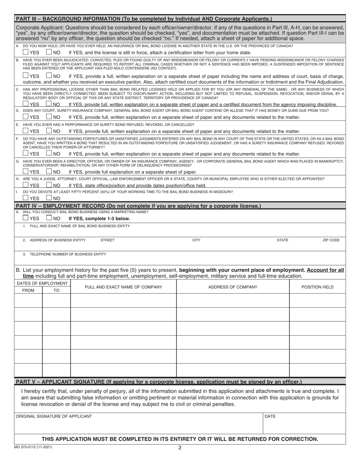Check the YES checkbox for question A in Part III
pos(25,52)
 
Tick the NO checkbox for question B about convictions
pos(49,75)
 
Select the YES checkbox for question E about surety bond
pos(25,131)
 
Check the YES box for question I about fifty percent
pos(25,197)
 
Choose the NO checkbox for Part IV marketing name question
pos(49,218)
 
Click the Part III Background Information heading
pos(144,18)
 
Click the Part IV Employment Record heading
pos(138,206)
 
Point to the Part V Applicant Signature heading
pos(159,382)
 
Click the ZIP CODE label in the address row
pos(331,240)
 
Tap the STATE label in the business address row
pos(282,240)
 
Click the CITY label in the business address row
pos(196,240)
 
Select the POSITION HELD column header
pos(317,287)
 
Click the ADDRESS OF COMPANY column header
pos(233,287)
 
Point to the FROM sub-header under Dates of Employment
pos(28,290)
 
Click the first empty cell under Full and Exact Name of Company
pos(124,300)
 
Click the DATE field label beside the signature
pos(270,416)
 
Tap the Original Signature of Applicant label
pos(54,416)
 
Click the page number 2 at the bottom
pos(180,448)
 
